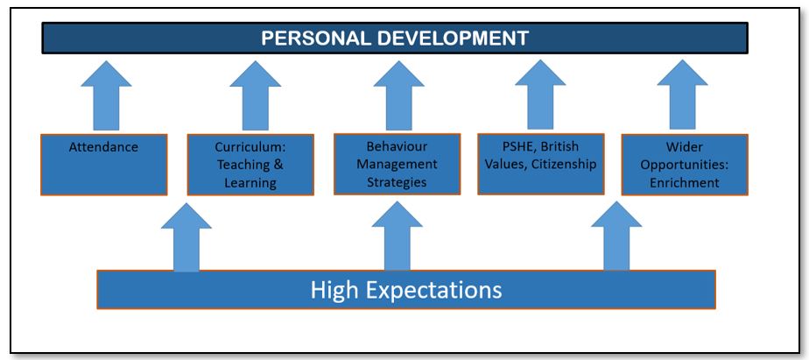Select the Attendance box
(x=103, y=165)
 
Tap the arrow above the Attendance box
(x=106, y=95)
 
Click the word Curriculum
(x=250, y=146)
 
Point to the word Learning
(x=250, y=183)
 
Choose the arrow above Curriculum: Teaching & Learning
(x=256, y=95)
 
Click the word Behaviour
(x=397, y=146)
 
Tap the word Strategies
(x=397, y=182)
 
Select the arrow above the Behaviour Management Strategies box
(x=399, y=95)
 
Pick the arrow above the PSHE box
(x=540, y=95)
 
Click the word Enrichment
(x=684, y=182)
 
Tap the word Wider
(x=684, y=146)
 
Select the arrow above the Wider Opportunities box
(x=683, y=95)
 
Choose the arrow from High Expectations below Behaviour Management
(x=397, y=236)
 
